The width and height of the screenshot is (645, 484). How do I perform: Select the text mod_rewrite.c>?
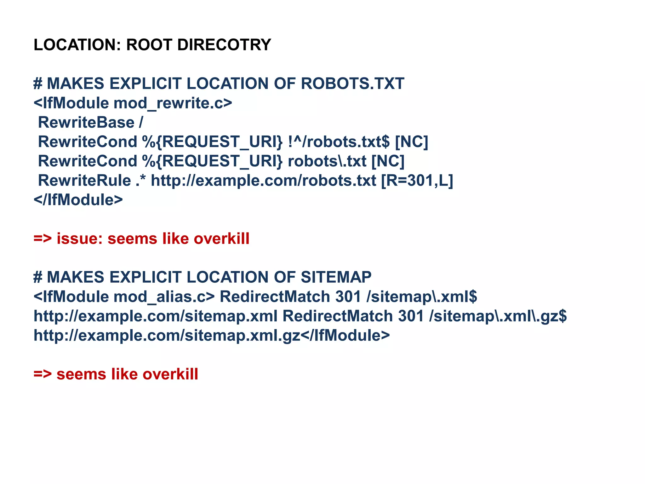[x=173, y=103]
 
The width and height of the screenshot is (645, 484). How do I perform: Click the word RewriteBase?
[x=86, y=123]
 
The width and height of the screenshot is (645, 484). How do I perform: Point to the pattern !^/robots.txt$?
[x=339, y=142]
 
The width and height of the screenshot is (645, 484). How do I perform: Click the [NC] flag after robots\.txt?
[x=388, y=161]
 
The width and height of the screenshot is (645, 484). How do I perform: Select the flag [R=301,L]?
[x=417, y=181]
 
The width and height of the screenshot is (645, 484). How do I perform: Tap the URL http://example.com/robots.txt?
[x=263, y=181]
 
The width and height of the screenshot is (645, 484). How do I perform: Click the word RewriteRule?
[x=84, y=181]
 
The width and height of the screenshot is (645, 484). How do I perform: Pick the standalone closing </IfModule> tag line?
[x=78, y=200]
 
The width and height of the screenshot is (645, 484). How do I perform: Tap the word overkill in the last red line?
[x=170, y=374]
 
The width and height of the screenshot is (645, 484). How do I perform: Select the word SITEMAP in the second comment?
[x=336, y=278]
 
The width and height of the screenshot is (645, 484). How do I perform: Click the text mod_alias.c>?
[x=164, y=297]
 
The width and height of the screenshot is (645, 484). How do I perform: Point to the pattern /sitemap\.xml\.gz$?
[x=498, y=316]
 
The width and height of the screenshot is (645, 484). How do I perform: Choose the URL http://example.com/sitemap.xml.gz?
[x=167, y=336]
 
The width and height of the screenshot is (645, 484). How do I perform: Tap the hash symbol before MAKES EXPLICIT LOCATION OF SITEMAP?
[x=37, y=278]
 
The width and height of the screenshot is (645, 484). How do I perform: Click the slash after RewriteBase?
[x=141, y=123]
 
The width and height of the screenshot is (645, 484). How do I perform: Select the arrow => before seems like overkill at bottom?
[x=43, y=374]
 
